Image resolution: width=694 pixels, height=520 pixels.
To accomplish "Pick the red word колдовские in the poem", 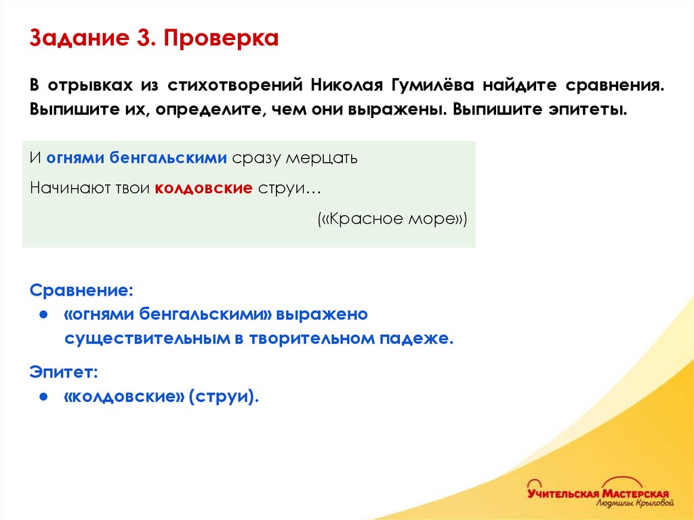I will click(x=204, y=188).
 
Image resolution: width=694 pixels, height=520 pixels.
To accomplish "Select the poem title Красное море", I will click(x=392, y=220).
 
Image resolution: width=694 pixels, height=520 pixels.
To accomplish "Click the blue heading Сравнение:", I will click(x=81, y=290).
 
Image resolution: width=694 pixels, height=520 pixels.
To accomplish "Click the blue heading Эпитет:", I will click(x=64, y=372).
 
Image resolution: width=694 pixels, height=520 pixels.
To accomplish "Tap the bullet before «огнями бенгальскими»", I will click(x=43, y=315).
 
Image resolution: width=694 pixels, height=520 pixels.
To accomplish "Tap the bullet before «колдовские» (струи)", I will click(x=43, y=397).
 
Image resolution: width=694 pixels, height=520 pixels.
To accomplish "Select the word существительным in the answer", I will click(x=148, y=338).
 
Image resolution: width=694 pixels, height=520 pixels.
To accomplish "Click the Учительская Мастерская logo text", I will click(x=598, y=493).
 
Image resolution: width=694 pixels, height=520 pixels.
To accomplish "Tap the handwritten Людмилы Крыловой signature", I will click(x=635, y=504).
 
